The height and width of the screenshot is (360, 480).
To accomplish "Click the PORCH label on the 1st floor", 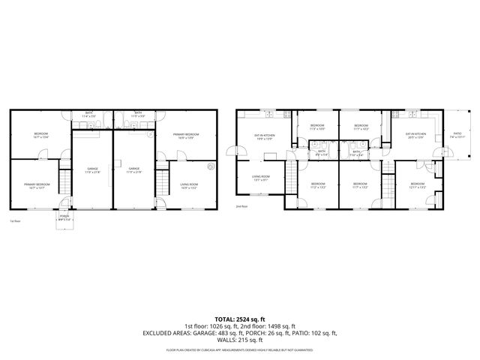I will pyautogui.click(x=64, y=218).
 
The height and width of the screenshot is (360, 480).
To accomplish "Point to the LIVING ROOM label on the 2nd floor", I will pyautogui.click(x=260, y=178).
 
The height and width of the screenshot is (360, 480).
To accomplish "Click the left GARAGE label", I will pyautogui.click(x=92, y=170).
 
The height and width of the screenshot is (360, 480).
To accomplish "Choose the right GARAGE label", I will pyautogui.click(x=133, y=170).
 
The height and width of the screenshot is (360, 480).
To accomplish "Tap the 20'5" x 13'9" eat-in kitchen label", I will pyautogui.click(x=415, y=136).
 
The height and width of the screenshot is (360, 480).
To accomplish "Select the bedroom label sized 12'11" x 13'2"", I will pyautogui.click(x=418, y=185).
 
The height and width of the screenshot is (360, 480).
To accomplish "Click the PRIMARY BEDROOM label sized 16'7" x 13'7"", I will pyautogui.click(x=36, y=185).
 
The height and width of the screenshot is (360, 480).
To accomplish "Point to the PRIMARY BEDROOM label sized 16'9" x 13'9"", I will pyautogui.click(x=186, y=136).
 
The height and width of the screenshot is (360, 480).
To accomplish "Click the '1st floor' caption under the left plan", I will pyautogui.click(x=14, y=221).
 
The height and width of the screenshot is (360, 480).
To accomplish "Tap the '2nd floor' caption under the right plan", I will pyautogui.click(x=241, y=205).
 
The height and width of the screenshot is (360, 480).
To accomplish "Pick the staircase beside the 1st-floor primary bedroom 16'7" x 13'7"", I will pyautogui.click(x=64, y=182).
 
